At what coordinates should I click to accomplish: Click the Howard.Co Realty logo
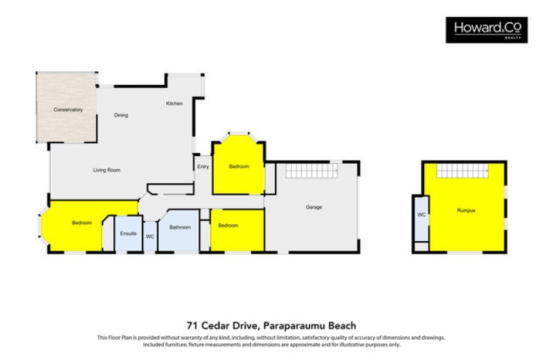(x=485, y=30)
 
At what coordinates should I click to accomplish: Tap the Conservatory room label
(x=69, y=109)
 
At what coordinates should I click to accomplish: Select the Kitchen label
(x=174, y=103)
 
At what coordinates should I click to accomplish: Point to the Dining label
(x=121, y=115)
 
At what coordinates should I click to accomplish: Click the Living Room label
(x=107, y=170)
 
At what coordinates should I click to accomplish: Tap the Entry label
(x=203, y=166)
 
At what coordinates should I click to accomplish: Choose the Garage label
(x=313, y=206)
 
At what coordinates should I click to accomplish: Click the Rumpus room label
(x=466, y=211)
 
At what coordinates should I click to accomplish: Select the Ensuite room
(x=128, y=234)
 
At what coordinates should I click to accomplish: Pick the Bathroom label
(x=180, y=228)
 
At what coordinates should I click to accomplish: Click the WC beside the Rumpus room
(x=421, y=215)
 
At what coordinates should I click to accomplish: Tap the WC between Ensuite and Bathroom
(x=149, y=236)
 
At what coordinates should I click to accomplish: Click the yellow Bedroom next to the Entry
(x=239, y=166)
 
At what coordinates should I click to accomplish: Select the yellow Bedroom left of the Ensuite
(x=82, y=223)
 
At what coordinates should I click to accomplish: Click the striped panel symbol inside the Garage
(x=313, y=170)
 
